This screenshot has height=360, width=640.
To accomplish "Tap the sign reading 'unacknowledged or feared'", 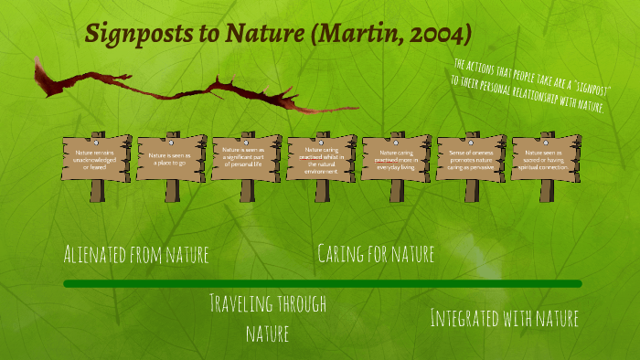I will tap(96, 158).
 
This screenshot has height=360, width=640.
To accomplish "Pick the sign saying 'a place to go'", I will tap(171, 158).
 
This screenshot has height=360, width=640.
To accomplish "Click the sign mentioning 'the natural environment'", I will tap(321, 158).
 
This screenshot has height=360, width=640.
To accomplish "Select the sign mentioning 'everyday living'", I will tap(396, 158).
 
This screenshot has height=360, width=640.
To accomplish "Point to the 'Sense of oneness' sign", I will tap(471, 158).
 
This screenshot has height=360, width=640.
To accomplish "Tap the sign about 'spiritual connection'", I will tap(546, 158).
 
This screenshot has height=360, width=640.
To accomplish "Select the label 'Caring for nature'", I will tap(375, 253).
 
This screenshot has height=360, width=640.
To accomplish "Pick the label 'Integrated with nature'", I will tap(504, 318).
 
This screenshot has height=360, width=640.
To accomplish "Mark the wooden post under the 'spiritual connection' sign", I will tap(546, 190).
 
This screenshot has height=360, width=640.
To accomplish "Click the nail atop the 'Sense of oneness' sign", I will tap(471, 142).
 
